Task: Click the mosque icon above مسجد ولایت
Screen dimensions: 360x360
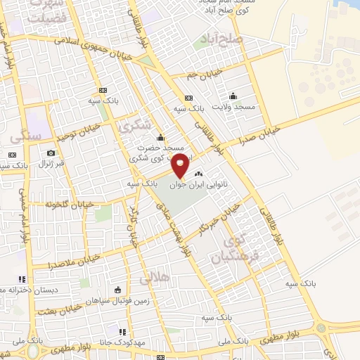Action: (233, 96)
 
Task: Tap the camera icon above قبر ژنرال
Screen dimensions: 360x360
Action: (51, 153)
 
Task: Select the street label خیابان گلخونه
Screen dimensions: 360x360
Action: (65, 205)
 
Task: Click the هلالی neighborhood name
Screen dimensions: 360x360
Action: (155, 279)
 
